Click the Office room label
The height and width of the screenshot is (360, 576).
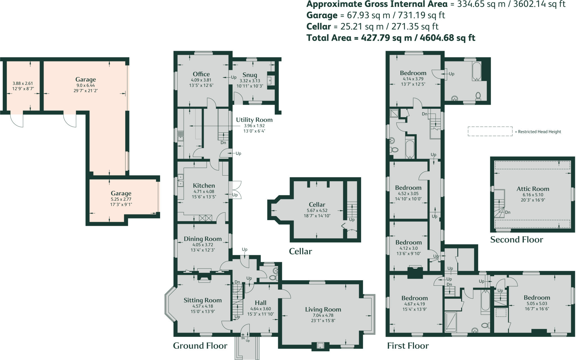pyautogui.click(x=201, y=74)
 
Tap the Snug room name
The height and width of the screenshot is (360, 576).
pyautogui.click(x=250, y=75)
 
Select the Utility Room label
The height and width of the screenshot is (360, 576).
pyautogui.click(x=254, y=120)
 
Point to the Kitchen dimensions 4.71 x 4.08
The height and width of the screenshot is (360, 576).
pyautogui.click(x=204, y=192)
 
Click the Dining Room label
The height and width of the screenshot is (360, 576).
pyautogui.click(x=202, y=239)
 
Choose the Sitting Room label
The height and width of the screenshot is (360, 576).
pyautogui.click(x=202, y=300)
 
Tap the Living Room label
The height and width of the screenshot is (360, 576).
pyautogui.click(x=323, y=309)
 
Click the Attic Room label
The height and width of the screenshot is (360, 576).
pyautogui.click(x=533, y=189)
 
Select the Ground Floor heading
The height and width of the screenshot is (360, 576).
pyautogui.click(x=200, y=346)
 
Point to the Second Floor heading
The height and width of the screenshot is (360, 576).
pyautogui.click(x=516, y=240)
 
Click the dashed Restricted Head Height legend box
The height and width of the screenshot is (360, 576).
pyautogui.click(x=490, y=132)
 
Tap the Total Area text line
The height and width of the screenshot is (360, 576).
pyautogui.click(x=391, y=38)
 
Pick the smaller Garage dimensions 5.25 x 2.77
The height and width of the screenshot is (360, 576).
pyautogui.click(x=121, y=199)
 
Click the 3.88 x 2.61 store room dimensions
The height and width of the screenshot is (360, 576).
pyautogui.click(x=22, y=83)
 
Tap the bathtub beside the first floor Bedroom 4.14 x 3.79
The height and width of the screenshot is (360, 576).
pyautogui.click(x=476, y=71)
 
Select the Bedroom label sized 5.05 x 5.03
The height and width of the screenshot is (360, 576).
pyautogui.click(x=537, y=298)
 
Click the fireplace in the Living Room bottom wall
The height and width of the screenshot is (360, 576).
pyautogui.click(x=320, y=346)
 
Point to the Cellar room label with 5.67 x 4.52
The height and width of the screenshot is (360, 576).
pyautogui.click(x=317, y=205)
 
